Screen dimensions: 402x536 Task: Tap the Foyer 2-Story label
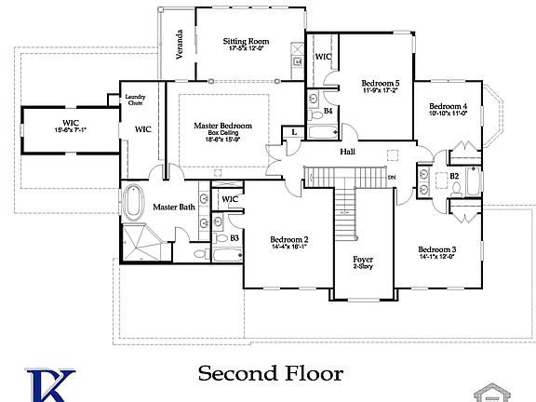[x=362, y=263]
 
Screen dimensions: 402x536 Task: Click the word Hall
[x=348, y=151]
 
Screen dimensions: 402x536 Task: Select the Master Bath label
[x=174, y=207]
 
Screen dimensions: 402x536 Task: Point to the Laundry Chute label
[x=136, y=100]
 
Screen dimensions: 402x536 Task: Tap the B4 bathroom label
[x=328, y=111]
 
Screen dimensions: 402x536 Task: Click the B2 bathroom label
[x=454, y=175]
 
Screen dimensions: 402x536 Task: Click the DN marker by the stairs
[x=391, y=177]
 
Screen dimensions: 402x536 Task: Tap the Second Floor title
[x=270, y=373]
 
